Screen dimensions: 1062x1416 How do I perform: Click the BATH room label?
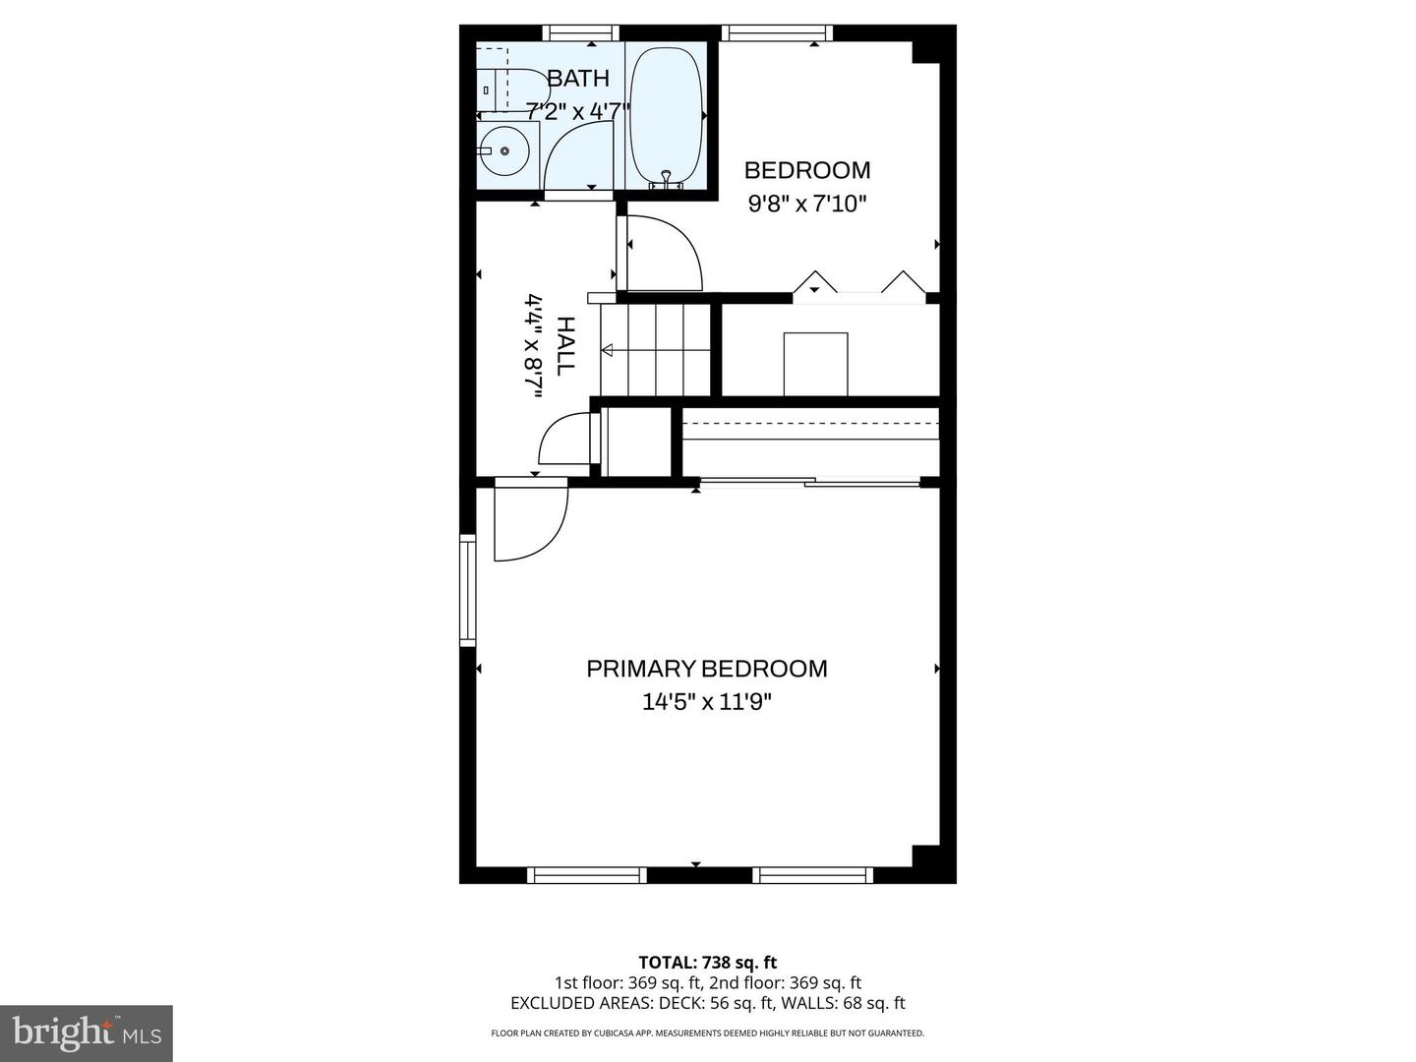coord(578,78)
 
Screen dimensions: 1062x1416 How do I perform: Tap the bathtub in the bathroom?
coord(666,113)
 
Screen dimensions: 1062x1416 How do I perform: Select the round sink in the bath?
coord(504,151)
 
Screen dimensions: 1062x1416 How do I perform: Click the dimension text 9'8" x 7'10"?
coord(807,205)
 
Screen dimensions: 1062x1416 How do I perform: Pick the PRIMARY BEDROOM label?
coord(707,669)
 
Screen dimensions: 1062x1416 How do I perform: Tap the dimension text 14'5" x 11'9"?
coord(707,702)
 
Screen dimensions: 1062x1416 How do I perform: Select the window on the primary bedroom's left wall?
coord(467,590)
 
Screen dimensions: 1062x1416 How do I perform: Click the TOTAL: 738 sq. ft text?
coord(707,963)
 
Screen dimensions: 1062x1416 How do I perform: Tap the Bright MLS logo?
coord(87,1033)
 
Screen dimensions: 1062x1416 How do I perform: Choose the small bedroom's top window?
coord(777,33)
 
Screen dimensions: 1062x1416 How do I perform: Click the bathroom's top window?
coord(581,32)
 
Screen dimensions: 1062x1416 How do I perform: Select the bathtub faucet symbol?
coord(666,179)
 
